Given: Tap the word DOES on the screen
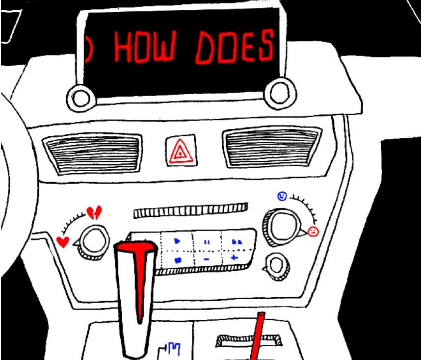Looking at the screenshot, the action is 235,47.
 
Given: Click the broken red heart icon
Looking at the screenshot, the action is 94,212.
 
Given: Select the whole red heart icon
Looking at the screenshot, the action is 63,242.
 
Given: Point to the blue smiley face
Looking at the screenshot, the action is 282,196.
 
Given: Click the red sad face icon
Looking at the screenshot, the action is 313,231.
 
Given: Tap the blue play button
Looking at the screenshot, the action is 177,241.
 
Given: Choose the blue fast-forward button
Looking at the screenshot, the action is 237,242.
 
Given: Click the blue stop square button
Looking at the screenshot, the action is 178,260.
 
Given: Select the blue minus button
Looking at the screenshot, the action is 207,259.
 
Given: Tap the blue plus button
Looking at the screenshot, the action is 235,258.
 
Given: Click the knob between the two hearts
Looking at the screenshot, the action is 93,243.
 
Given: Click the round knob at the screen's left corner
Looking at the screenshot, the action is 81,98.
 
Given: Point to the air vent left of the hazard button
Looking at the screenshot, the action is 93,154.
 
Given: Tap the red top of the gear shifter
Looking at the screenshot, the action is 136,248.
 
